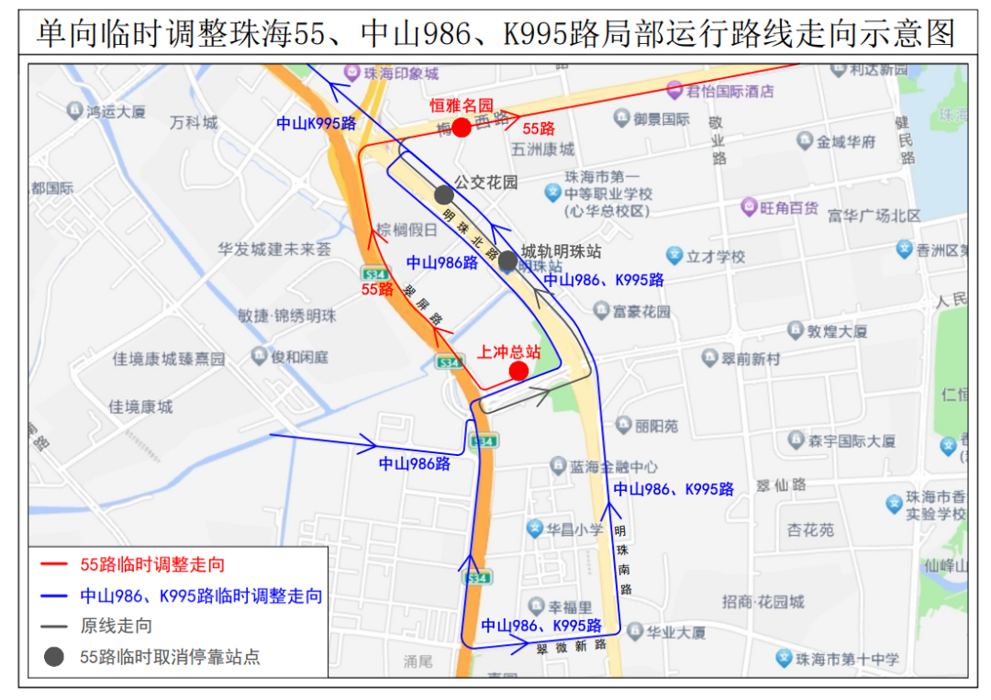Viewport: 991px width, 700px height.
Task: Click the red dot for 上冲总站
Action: (518, 371)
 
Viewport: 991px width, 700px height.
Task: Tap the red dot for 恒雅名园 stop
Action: (462, 128)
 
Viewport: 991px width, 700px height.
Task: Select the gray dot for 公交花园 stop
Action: (444, 194)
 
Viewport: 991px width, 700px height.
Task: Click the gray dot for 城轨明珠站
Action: (507, 261)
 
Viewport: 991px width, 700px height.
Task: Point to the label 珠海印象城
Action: (401, 73)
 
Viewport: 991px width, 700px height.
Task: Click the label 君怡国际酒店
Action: (731, 91)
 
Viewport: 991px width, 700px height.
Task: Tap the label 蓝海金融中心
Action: (613, 467)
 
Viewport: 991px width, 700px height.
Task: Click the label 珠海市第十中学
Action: (847, 659)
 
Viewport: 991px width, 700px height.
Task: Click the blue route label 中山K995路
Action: (316, 123)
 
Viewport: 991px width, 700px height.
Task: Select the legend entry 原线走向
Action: (117, 626)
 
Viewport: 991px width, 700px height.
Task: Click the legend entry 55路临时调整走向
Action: (152, 564)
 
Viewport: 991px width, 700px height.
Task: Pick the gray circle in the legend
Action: (54, 657)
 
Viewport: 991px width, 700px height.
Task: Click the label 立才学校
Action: (716, 257)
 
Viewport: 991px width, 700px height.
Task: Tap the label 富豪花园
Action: (641, 311)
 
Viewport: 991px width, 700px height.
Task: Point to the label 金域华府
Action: (846, 141)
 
